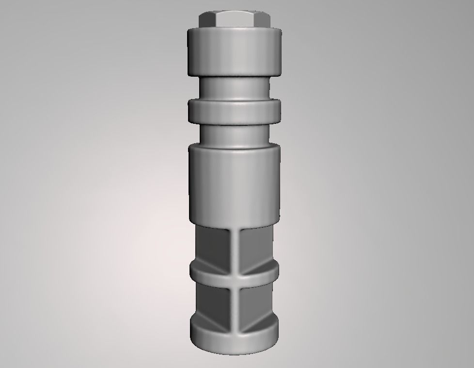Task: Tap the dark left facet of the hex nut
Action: click(x=205, y=20)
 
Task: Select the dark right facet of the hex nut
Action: click(x=266, y=20)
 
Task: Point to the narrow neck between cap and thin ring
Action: click(x=235, y=87)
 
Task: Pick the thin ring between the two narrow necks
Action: click(x=235, y=112)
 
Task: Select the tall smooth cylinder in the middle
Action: click(x=235, y=184)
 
